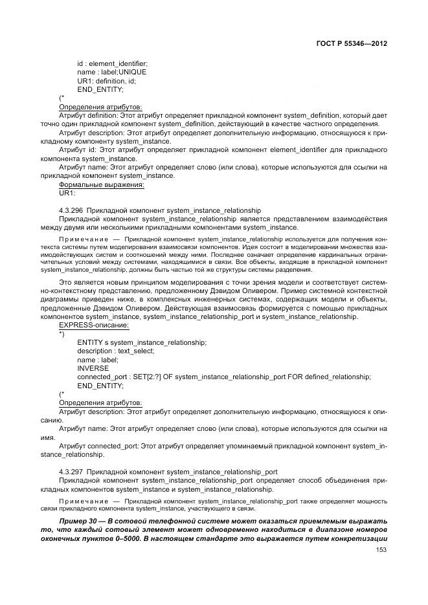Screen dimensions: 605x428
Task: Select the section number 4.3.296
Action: pos(71,210)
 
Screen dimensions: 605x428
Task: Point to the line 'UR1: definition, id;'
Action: pos(107,81)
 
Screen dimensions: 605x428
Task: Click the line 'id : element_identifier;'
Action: pos(112,63)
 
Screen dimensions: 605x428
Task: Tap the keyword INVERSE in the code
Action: pos(93,368)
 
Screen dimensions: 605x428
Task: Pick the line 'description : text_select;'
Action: pos(115,351)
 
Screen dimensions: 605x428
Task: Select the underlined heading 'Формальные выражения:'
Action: pos(102,184)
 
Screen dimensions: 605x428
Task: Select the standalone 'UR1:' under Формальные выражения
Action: pos(67,193)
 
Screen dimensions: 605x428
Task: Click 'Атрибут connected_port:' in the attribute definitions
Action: pos(99,446)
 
